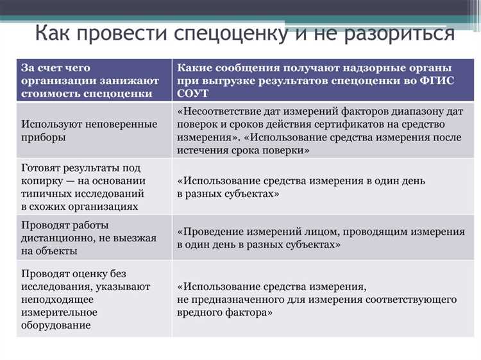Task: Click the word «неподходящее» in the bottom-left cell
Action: point(56,299)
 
